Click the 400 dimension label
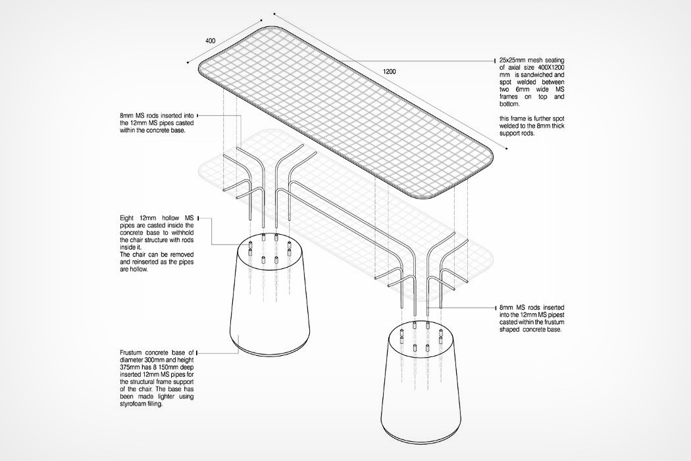[211, 41]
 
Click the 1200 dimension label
[389, 71]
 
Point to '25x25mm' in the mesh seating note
[512, 61]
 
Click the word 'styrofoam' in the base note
[134, 404]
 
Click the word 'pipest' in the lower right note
[556, 315]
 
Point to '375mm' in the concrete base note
[129, 367]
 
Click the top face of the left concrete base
[269, 251]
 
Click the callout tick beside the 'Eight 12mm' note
[198, 218]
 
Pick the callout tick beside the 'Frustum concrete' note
[197, 352]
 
